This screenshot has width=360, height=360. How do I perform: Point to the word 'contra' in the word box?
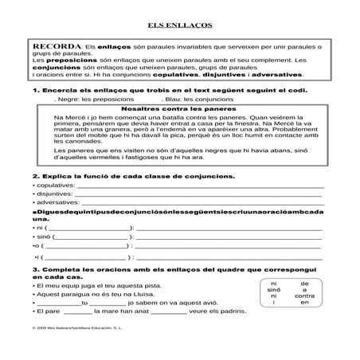(303, 295)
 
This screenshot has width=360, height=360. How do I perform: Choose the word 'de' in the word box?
(304, 283)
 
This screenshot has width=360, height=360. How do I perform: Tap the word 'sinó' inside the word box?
(274, 289)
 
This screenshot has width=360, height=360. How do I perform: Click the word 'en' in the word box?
(304, 302)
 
